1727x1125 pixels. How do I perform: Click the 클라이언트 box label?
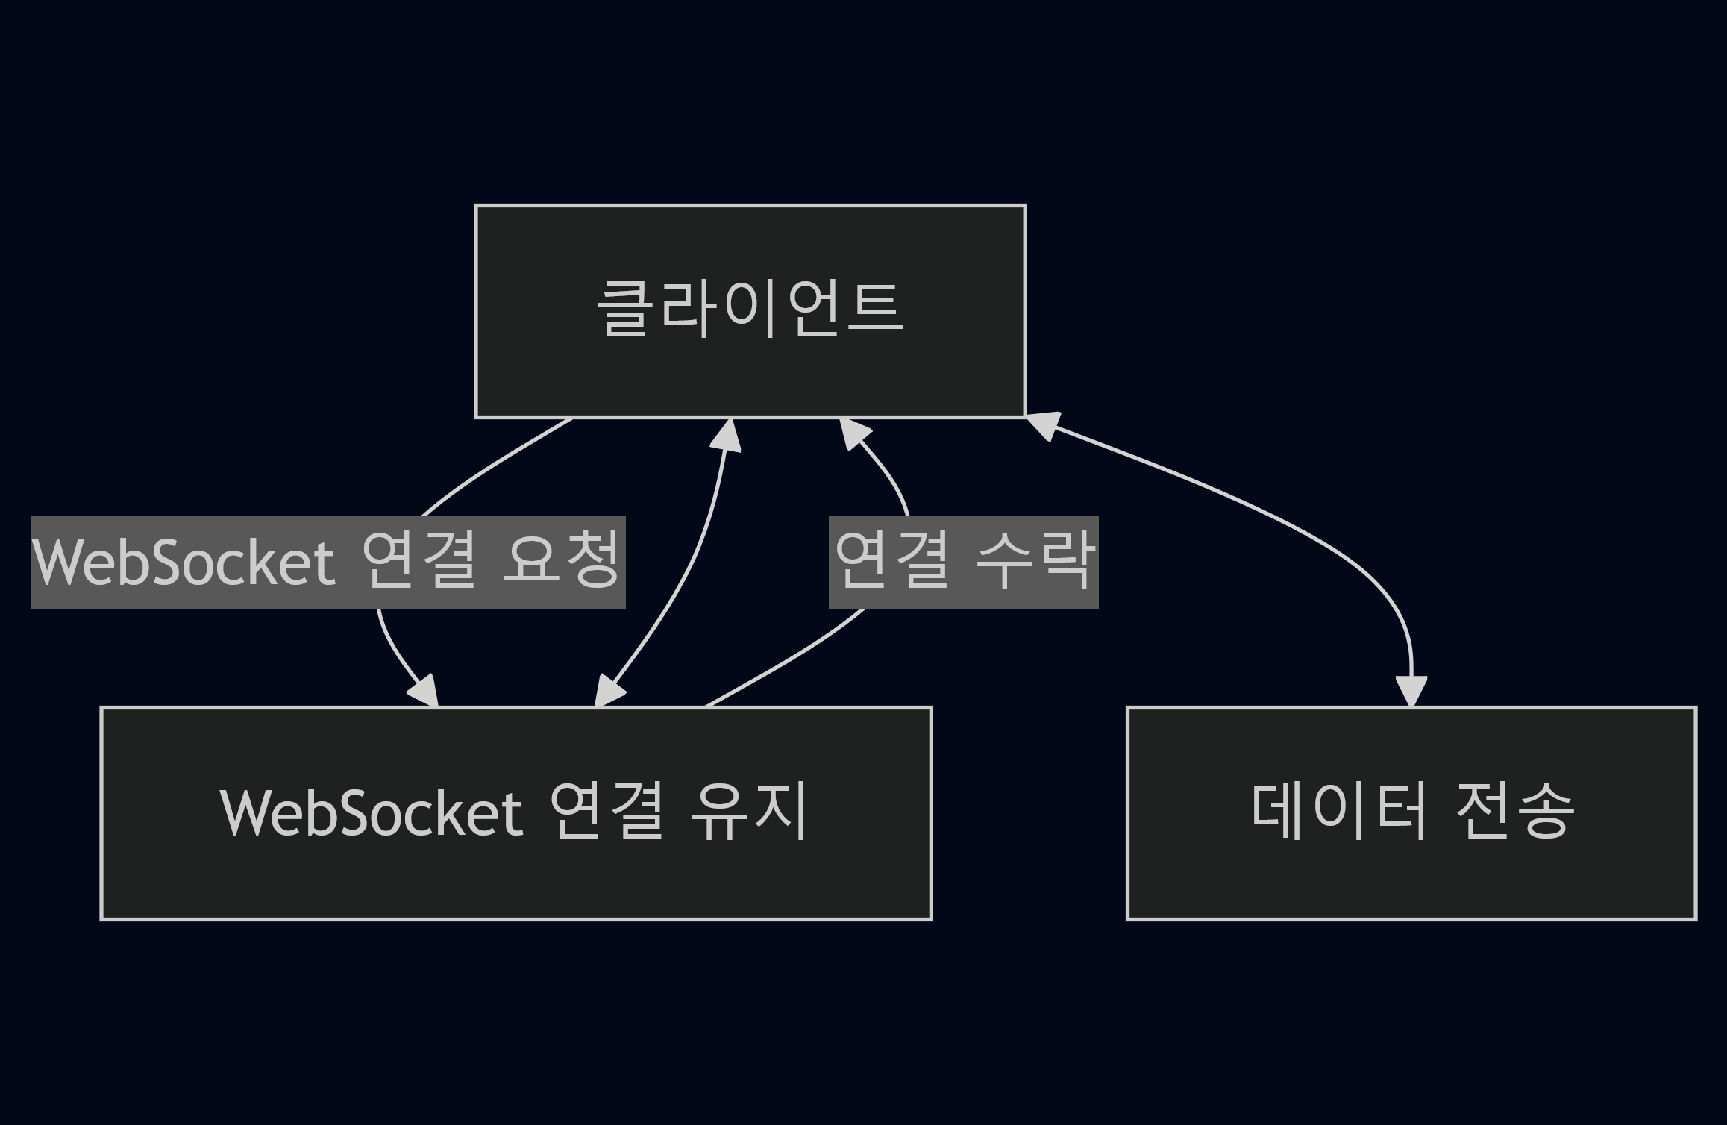750,309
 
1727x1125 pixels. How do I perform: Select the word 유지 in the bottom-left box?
749,812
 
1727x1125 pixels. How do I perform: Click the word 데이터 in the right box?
1338,812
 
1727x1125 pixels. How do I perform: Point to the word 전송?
1514,812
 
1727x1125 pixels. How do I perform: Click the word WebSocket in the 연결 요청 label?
184,562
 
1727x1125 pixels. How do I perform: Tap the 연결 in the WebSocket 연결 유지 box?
606,812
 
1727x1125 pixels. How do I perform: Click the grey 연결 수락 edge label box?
963,562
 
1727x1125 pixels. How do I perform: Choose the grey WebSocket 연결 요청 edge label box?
328,562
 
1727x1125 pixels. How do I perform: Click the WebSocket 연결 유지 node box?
516,880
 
